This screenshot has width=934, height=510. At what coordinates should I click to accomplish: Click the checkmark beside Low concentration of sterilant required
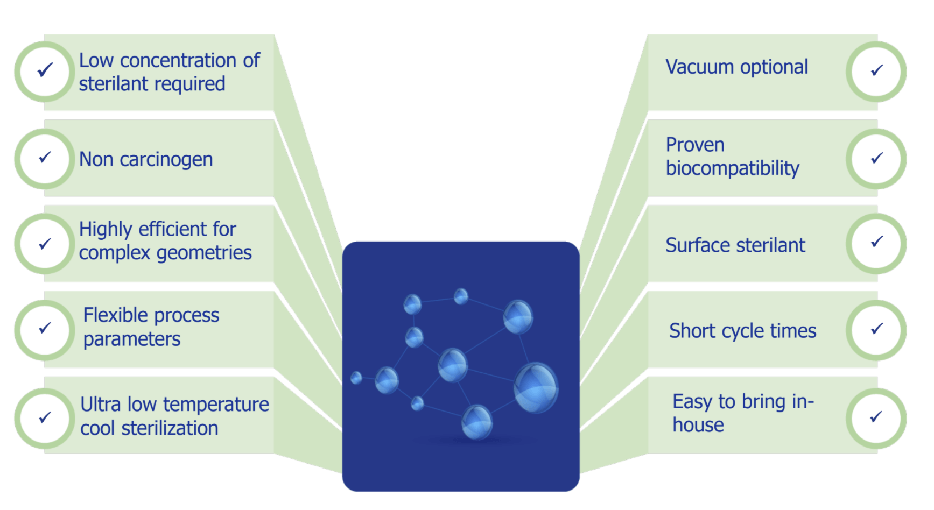coord(45,69)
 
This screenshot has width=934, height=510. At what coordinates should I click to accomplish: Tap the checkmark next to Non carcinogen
coord(45,157)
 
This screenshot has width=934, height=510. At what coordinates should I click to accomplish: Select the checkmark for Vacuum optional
coord(877,70)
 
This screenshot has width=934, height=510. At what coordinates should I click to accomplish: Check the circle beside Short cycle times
coord(876,330)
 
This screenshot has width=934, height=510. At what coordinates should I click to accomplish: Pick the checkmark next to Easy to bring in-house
coord(876,416)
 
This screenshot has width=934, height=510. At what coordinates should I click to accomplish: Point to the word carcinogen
coord(166,160)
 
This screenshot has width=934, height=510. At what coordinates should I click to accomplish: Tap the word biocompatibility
coord(733,168)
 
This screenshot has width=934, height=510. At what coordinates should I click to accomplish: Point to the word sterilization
coord(170,429)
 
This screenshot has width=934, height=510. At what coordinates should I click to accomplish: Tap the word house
coord(698,425)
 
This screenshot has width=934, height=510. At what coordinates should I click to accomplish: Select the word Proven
coord(695,145)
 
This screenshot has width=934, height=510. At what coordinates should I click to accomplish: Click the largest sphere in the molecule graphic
coord(536,388)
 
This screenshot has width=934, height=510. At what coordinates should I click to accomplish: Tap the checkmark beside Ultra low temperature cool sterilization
coord(45,417)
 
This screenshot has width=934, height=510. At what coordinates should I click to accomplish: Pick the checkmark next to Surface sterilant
coord(877,242)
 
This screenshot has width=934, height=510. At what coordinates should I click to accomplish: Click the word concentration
coord(178,61)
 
